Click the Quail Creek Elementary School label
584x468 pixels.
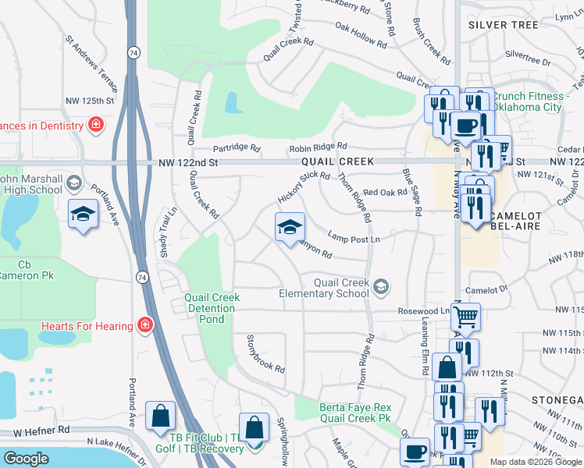pyautogui.click(x=324, y=288)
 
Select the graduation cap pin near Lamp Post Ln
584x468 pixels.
pyautogui.click(x=289, y=227)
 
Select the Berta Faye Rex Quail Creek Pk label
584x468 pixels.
pyautogui.click(x=354, y=413)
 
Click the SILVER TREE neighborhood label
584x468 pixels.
pyautogui.click(x=504, y=25)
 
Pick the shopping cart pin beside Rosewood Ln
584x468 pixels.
pyautogui.click(x=465, y=317)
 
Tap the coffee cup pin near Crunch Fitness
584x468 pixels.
pyautogui.click(x=468, y=125)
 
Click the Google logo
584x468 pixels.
pyautogui.click(x=26, y=459)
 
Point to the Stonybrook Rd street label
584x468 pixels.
pyautogui.click(x=266, y=354)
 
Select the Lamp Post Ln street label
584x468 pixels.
pyautogui.click(x=354, y=238)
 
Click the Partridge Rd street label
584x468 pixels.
pyautogui.click(x=237, y=147)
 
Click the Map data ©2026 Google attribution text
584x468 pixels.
pyautogui.click(x=535, y=462)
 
